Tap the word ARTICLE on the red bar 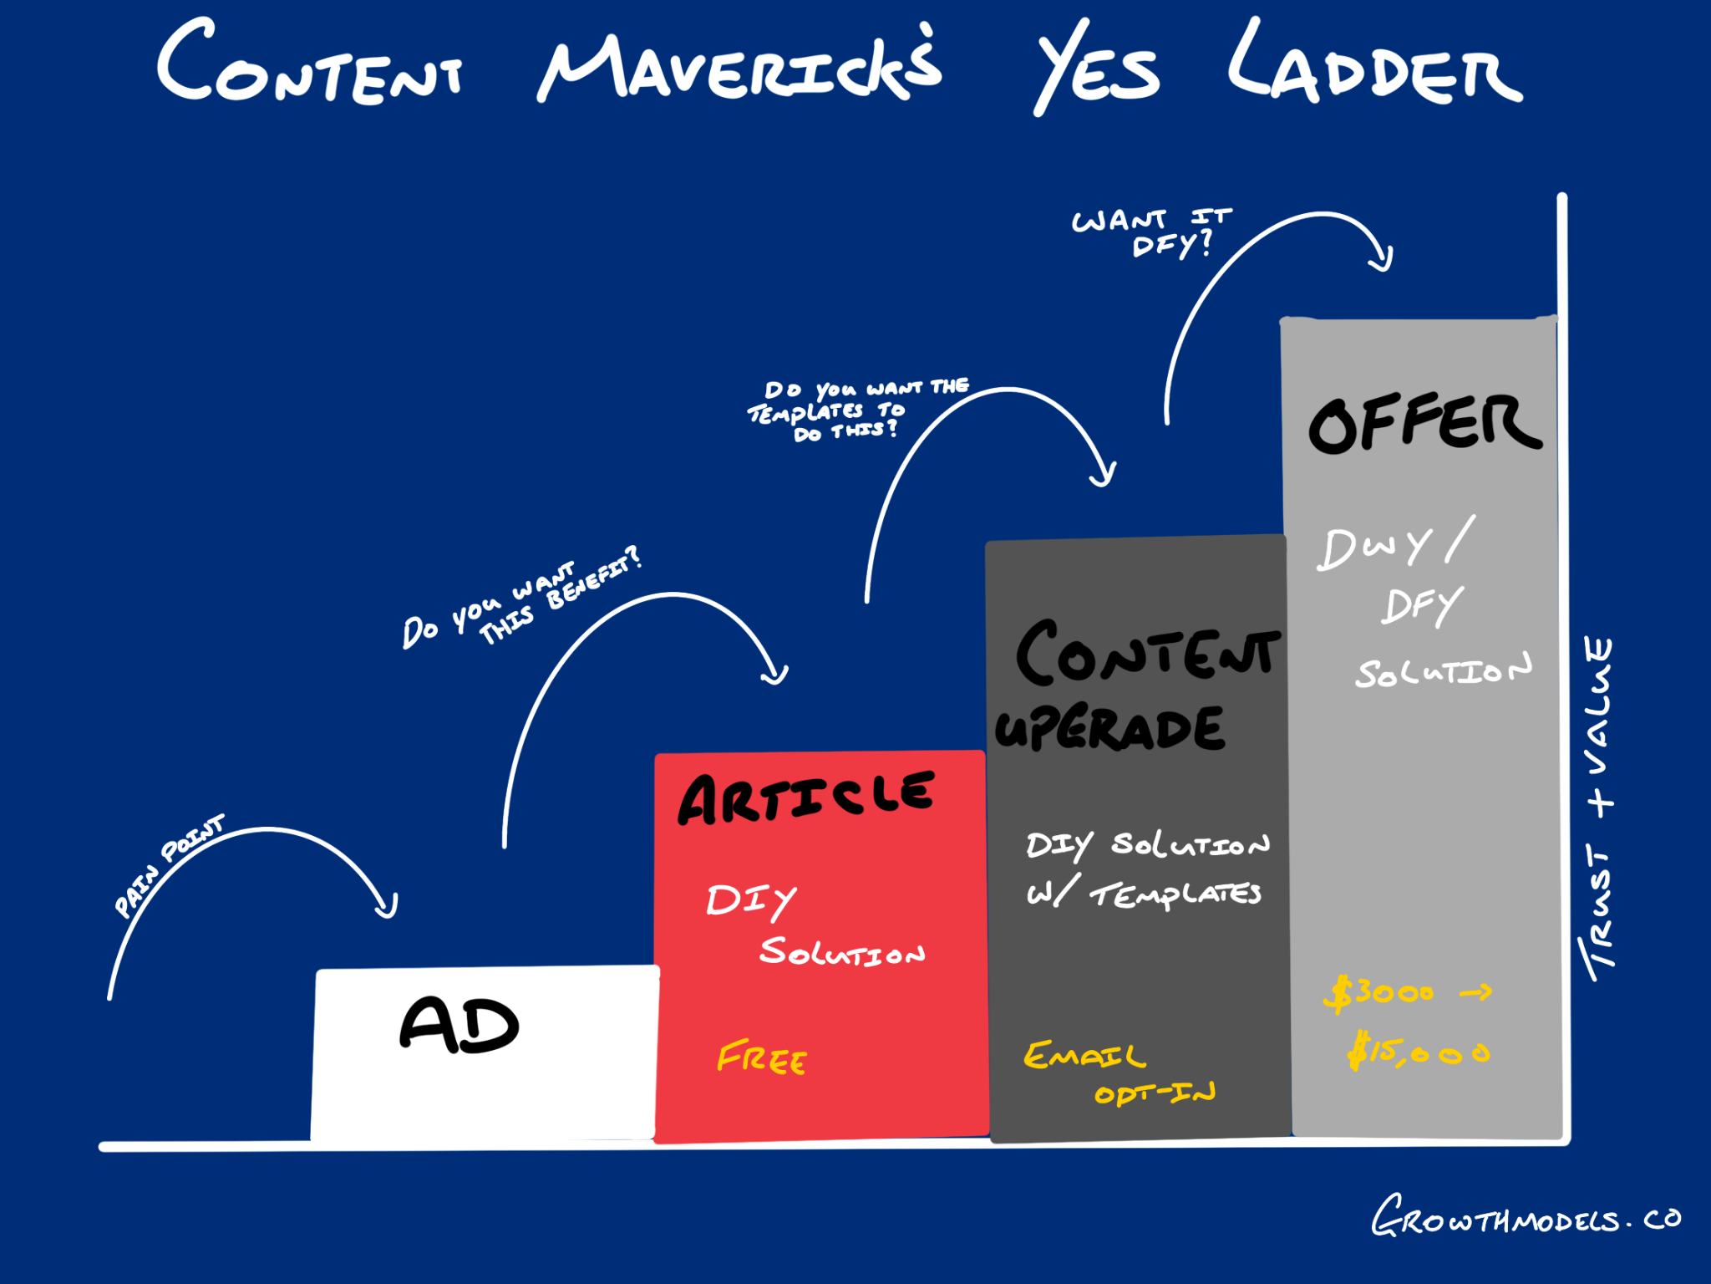[x=805, y=798]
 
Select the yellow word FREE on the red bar [x=761, y=1058]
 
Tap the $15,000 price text [x=1418, y=1052]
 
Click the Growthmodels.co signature [x=1525, y=1217]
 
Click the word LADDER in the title [x=1373, y=67]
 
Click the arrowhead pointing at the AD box [x=386, y=907]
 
